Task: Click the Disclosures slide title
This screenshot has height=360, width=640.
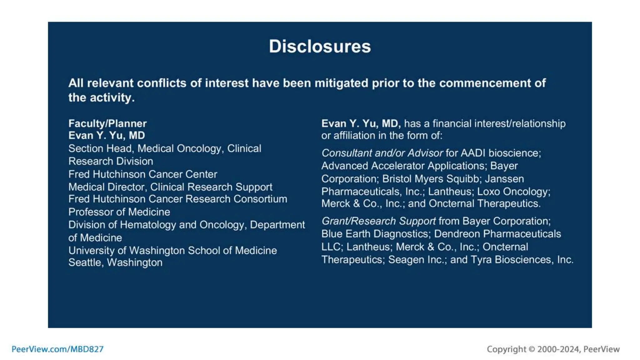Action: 320,47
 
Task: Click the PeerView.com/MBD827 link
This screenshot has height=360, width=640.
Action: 57,349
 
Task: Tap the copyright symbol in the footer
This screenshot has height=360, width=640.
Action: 532,349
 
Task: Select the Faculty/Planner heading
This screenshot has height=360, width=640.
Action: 107,123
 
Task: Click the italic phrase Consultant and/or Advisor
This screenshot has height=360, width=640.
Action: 382,153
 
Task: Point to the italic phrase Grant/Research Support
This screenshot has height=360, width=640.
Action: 378,221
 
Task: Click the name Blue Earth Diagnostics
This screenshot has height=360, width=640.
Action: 375,234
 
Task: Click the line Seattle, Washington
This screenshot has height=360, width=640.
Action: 115,262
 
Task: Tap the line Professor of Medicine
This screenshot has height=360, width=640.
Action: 119,212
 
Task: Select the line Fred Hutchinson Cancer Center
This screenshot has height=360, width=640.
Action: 142,174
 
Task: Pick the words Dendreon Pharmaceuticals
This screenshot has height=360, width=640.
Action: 497,234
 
